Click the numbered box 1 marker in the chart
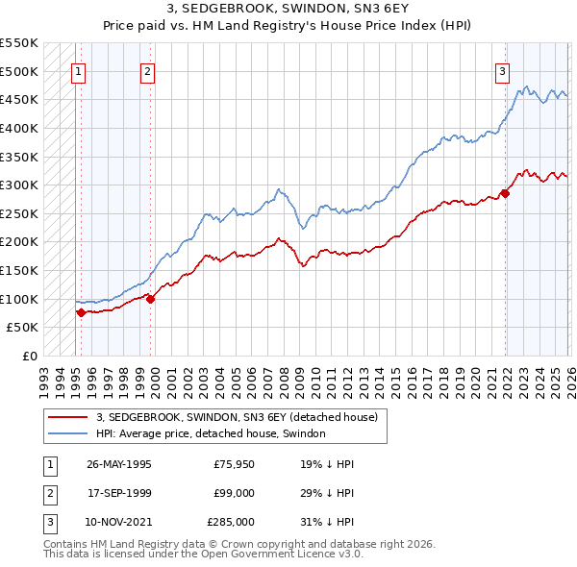pos(78,70)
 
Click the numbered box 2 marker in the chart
pos(147,70)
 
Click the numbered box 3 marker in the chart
pos(502,70)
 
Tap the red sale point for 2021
pos(505,193)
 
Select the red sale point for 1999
pos(151,299)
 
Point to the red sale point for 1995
pos(81,312)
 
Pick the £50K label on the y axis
pos(23,327)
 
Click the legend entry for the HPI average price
pos(211,433)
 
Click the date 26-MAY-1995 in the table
pos(118,464)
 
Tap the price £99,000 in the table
pos(234,493)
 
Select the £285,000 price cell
pos(231,522)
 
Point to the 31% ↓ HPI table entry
pos(327,522)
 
